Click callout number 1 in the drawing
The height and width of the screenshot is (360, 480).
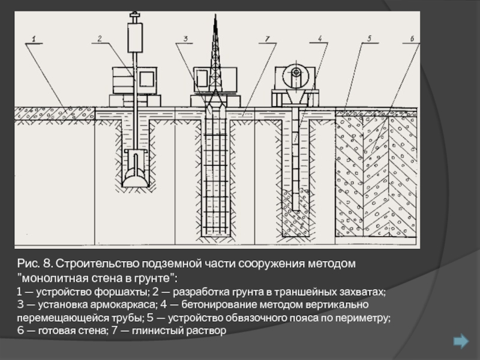(34, 39)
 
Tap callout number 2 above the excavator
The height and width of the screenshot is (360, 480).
(100, 39)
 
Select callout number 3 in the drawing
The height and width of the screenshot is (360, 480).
(185, 39)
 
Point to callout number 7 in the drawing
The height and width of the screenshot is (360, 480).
(267, 39)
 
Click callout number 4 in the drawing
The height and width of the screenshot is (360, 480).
(320, 38)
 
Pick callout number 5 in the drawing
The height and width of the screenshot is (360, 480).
(369, 38)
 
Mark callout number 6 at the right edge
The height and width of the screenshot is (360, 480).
(412, 39)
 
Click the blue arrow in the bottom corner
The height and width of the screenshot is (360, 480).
(461, 341)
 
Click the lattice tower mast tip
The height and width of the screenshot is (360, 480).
(215, 14)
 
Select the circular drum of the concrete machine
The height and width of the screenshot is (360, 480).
(296, 76)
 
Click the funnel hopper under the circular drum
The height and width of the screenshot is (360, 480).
(296, 97)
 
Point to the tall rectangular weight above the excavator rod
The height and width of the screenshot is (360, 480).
(135, 37)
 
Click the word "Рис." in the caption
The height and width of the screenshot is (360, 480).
(28, 263)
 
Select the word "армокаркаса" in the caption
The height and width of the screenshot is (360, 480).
(123, 305)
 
